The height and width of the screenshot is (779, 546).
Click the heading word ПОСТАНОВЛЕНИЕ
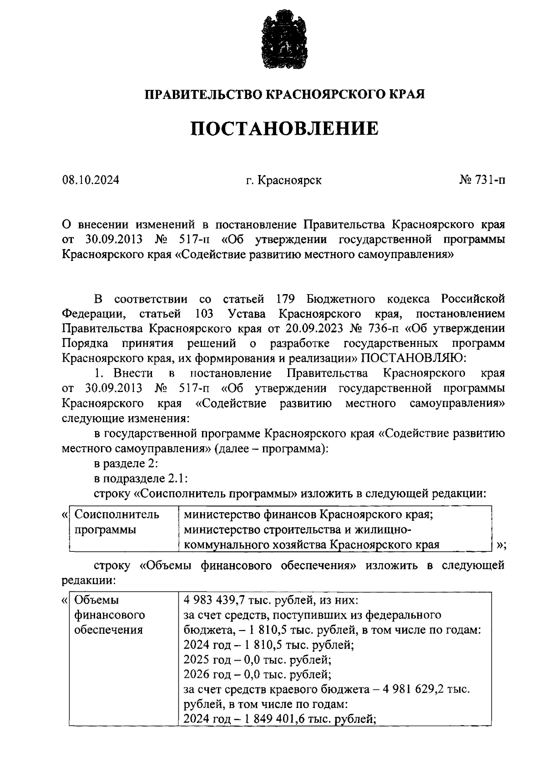tap(284, 129)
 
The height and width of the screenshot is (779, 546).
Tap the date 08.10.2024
tap(91, 180)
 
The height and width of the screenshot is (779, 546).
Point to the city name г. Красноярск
tap(283, 180)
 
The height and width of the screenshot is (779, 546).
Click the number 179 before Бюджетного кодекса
tap(286, 299)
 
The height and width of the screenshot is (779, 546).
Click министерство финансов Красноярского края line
tap(307, 515)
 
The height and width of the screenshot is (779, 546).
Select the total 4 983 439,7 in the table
tap(218, 600)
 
